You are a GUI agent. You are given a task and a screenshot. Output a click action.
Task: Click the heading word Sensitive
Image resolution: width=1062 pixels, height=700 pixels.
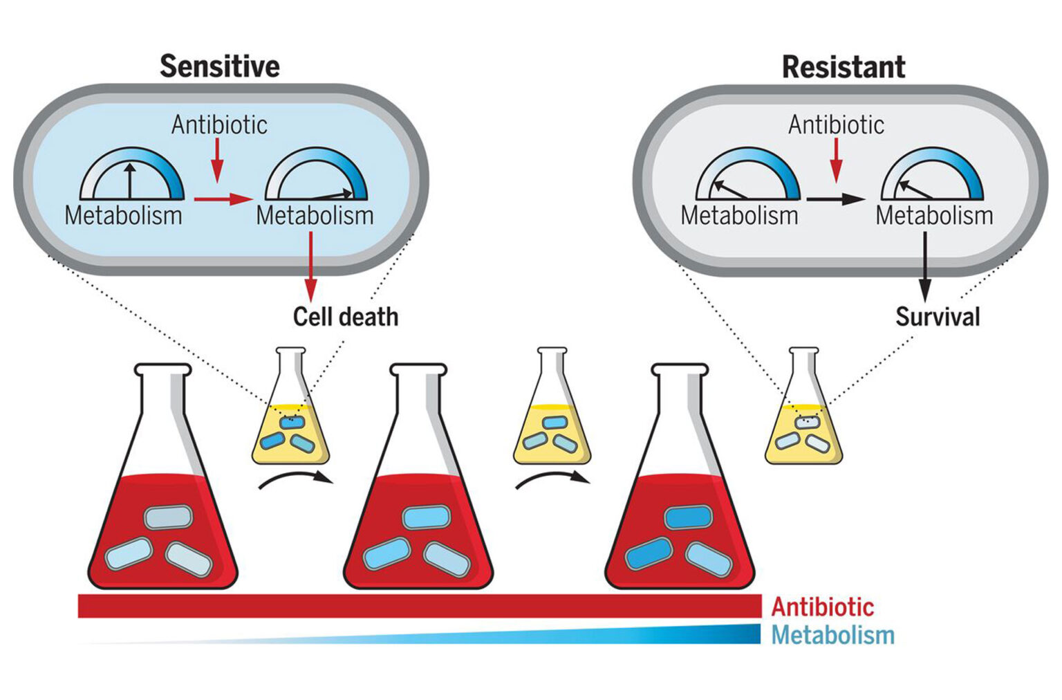[219, 66]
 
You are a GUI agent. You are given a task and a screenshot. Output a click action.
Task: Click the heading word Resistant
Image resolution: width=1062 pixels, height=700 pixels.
[843, 67]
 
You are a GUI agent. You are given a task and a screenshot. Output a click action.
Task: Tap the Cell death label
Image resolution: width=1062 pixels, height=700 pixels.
[345, 317]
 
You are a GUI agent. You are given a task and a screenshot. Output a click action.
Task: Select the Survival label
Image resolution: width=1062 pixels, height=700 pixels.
[938, 317]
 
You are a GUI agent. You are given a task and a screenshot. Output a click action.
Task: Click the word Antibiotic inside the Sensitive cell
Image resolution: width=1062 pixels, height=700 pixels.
[219, 125]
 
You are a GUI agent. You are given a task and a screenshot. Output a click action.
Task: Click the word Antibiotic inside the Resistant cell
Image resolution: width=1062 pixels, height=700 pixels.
[836, 125]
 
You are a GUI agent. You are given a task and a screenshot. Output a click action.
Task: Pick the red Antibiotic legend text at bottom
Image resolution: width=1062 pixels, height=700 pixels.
[822, 607]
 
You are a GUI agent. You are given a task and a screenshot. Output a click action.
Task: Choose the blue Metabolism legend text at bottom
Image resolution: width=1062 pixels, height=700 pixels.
[832, 635]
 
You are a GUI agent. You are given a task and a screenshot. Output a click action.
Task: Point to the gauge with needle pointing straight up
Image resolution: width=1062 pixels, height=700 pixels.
[131, 176]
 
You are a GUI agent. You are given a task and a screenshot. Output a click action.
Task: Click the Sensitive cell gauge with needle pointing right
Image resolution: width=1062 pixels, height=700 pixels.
[316, 176]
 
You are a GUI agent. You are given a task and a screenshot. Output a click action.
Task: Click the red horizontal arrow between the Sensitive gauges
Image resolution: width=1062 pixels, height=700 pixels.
[223, 200]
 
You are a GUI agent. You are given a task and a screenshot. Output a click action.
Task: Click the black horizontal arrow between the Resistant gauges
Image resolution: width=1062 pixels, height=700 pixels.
[836, 200]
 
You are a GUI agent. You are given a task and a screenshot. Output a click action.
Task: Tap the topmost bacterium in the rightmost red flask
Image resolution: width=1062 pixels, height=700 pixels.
[688, 517]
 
